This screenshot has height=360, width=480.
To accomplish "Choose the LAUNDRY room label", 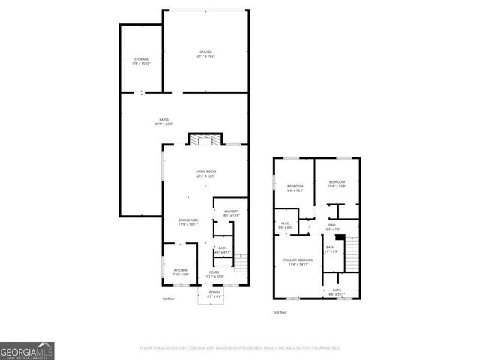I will [231, 213].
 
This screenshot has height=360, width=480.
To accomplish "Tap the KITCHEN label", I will [180, 271].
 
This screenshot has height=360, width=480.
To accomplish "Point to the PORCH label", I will [214, 294].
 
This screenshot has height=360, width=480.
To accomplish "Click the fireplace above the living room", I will [205, 139].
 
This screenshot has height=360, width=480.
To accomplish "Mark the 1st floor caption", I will [168, 298].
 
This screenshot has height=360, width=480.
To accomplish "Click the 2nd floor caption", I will [279, 311].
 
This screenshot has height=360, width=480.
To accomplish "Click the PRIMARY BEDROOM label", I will [298, 261].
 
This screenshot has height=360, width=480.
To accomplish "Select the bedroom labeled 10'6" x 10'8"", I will [336, 184].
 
